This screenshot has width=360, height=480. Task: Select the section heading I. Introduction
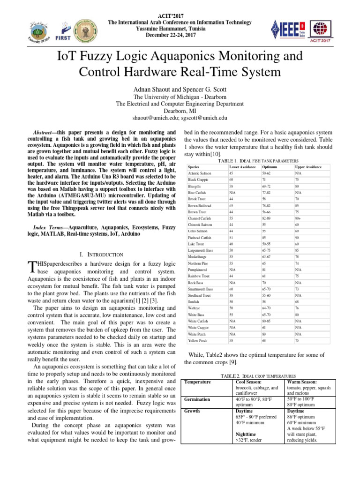pos(101,255)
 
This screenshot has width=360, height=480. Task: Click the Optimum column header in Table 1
pos(269,167)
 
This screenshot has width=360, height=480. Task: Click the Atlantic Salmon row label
pos(200,173)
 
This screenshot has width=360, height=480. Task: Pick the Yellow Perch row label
pos(198,340)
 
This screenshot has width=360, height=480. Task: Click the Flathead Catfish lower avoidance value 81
pos(231,238)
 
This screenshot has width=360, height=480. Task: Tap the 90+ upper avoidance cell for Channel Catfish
pos(299,218)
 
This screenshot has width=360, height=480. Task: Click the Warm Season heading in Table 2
pos(302,382)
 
